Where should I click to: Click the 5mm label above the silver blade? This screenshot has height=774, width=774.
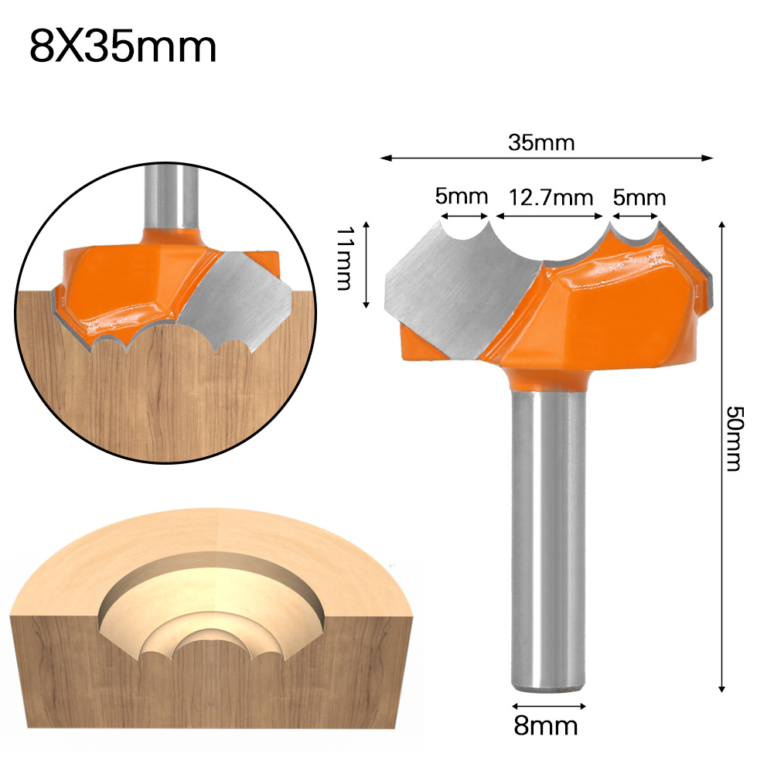[x=461, y=196]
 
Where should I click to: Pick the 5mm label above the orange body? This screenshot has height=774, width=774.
[x=639, y=197]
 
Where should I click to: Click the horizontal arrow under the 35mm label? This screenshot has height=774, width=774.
[x=547, y=159]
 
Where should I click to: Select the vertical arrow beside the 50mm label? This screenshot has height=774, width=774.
[x=721, y=456]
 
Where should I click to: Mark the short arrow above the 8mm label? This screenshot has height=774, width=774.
[x=549, y=705]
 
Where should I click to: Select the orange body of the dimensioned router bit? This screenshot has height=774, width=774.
[x=611, y=309]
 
